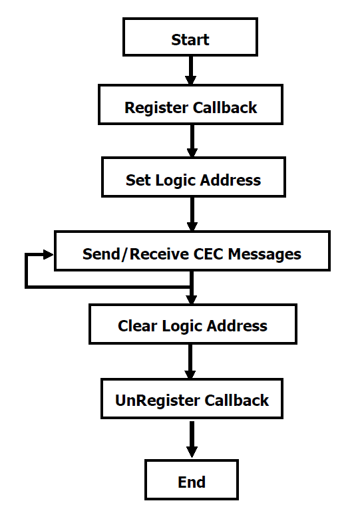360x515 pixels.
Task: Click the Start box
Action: (190, 37)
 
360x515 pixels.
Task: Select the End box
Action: (192, 480)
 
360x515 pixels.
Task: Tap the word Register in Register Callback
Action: (156, 108)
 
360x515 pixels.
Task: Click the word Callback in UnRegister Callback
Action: (237, 401)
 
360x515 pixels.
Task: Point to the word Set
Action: (138, 180)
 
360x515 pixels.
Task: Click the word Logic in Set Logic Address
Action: (176, 181)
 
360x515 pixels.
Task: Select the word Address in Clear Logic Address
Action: (237, 326)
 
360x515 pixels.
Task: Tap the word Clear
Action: (137, 326)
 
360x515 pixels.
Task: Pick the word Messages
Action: (265, 255)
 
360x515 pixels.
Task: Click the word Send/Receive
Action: (136, 254)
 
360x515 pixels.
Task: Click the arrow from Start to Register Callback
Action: (190, 71)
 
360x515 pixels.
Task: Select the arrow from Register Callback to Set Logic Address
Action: (192, 141)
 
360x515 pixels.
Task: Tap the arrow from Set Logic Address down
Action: (192, 214)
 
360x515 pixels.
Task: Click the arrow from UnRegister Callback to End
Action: (192, 439)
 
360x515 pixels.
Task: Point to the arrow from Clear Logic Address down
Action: (190, 361)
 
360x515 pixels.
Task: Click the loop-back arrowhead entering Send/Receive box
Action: (49, 254)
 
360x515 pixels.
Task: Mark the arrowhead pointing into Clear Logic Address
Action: (191, 299)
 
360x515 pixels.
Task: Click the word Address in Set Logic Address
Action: (231, 180)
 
